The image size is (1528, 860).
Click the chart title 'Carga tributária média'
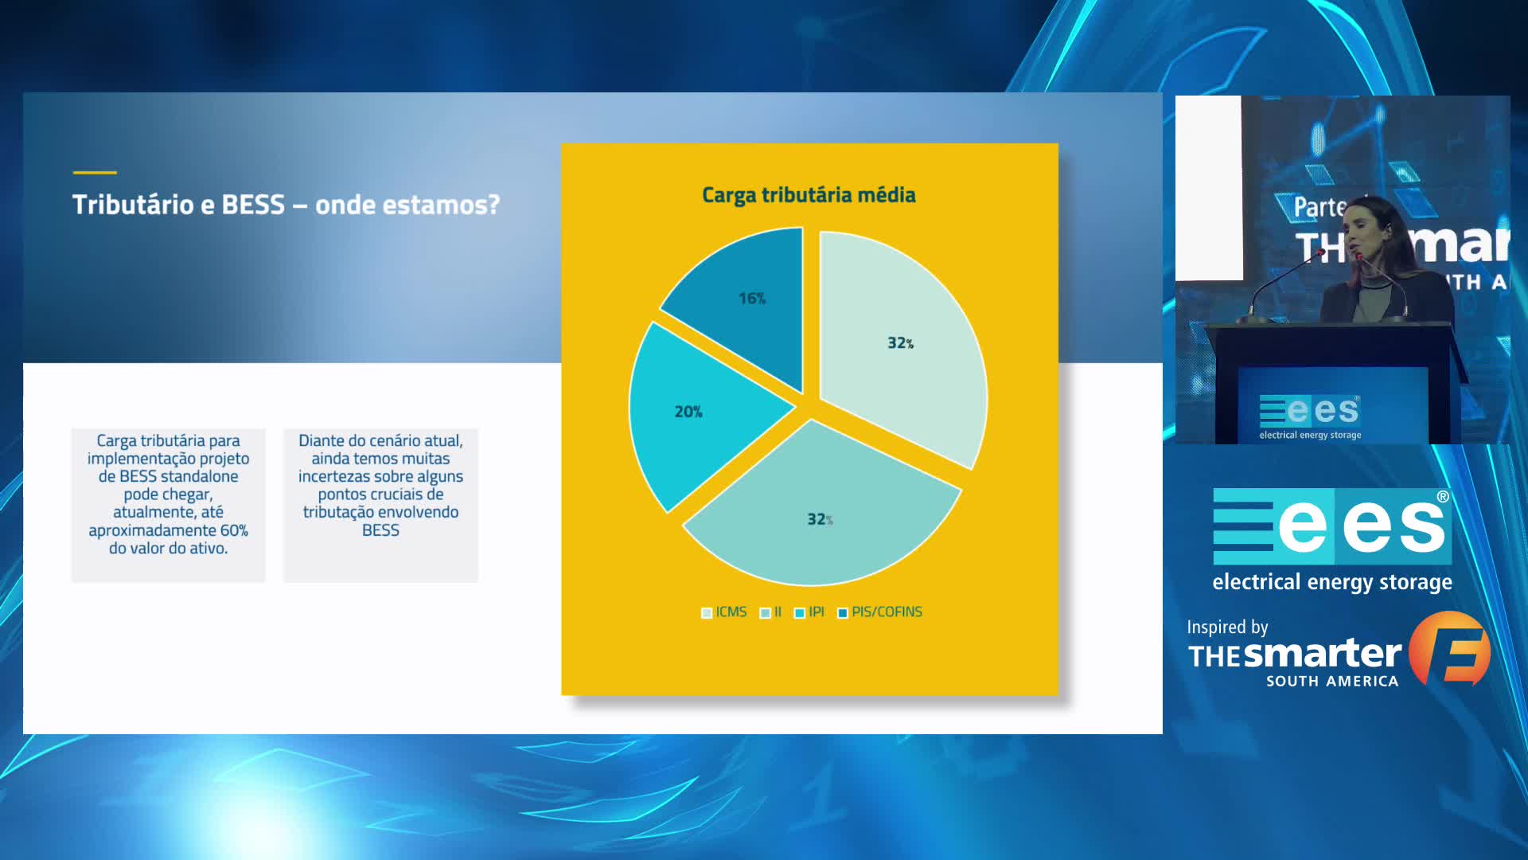pos(809,196)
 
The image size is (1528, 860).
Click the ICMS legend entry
pos(723,612)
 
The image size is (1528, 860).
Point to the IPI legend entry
pos(809,612)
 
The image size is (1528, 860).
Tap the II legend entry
pos(770,612)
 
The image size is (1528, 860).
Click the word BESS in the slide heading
pos(253,205)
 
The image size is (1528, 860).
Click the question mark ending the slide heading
pos(493,205)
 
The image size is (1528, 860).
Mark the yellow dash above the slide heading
pos(95,172)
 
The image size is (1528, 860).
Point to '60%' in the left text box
pos(234,530)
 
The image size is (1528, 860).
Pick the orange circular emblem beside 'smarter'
pos(1449,648)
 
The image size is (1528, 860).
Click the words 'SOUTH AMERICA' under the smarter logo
pos(1332,682)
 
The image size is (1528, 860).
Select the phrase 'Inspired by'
pos(1227,627)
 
